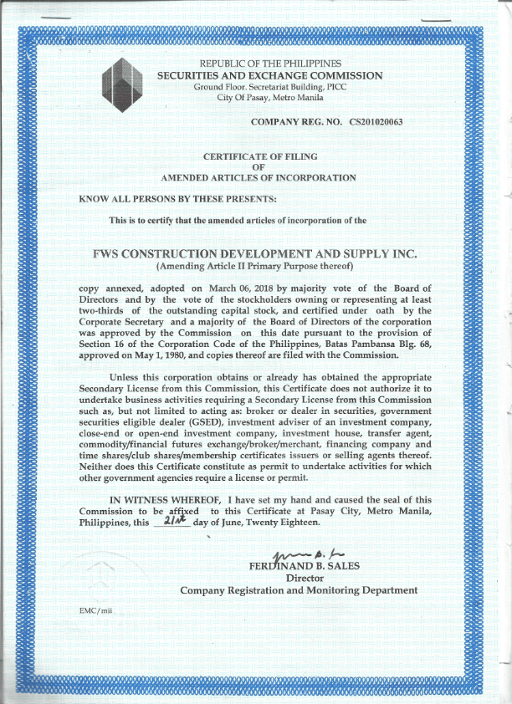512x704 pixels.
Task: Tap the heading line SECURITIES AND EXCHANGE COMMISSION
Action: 270,75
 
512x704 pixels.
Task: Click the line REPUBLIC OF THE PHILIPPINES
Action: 270,64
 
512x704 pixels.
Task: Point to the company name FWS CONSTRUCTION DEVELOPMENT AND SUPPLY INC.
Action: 255,253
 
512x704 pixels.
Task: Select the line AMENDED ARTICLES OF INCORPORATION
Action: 258,178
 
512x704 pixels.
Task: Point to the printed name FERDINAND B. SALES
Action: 299,566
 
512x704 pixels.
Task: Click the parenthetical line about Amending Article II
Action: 255,266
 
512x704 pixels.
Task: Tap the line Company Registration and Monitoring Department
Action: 299,590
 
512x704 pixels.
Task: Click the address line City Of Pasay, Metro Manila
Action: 270,98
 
